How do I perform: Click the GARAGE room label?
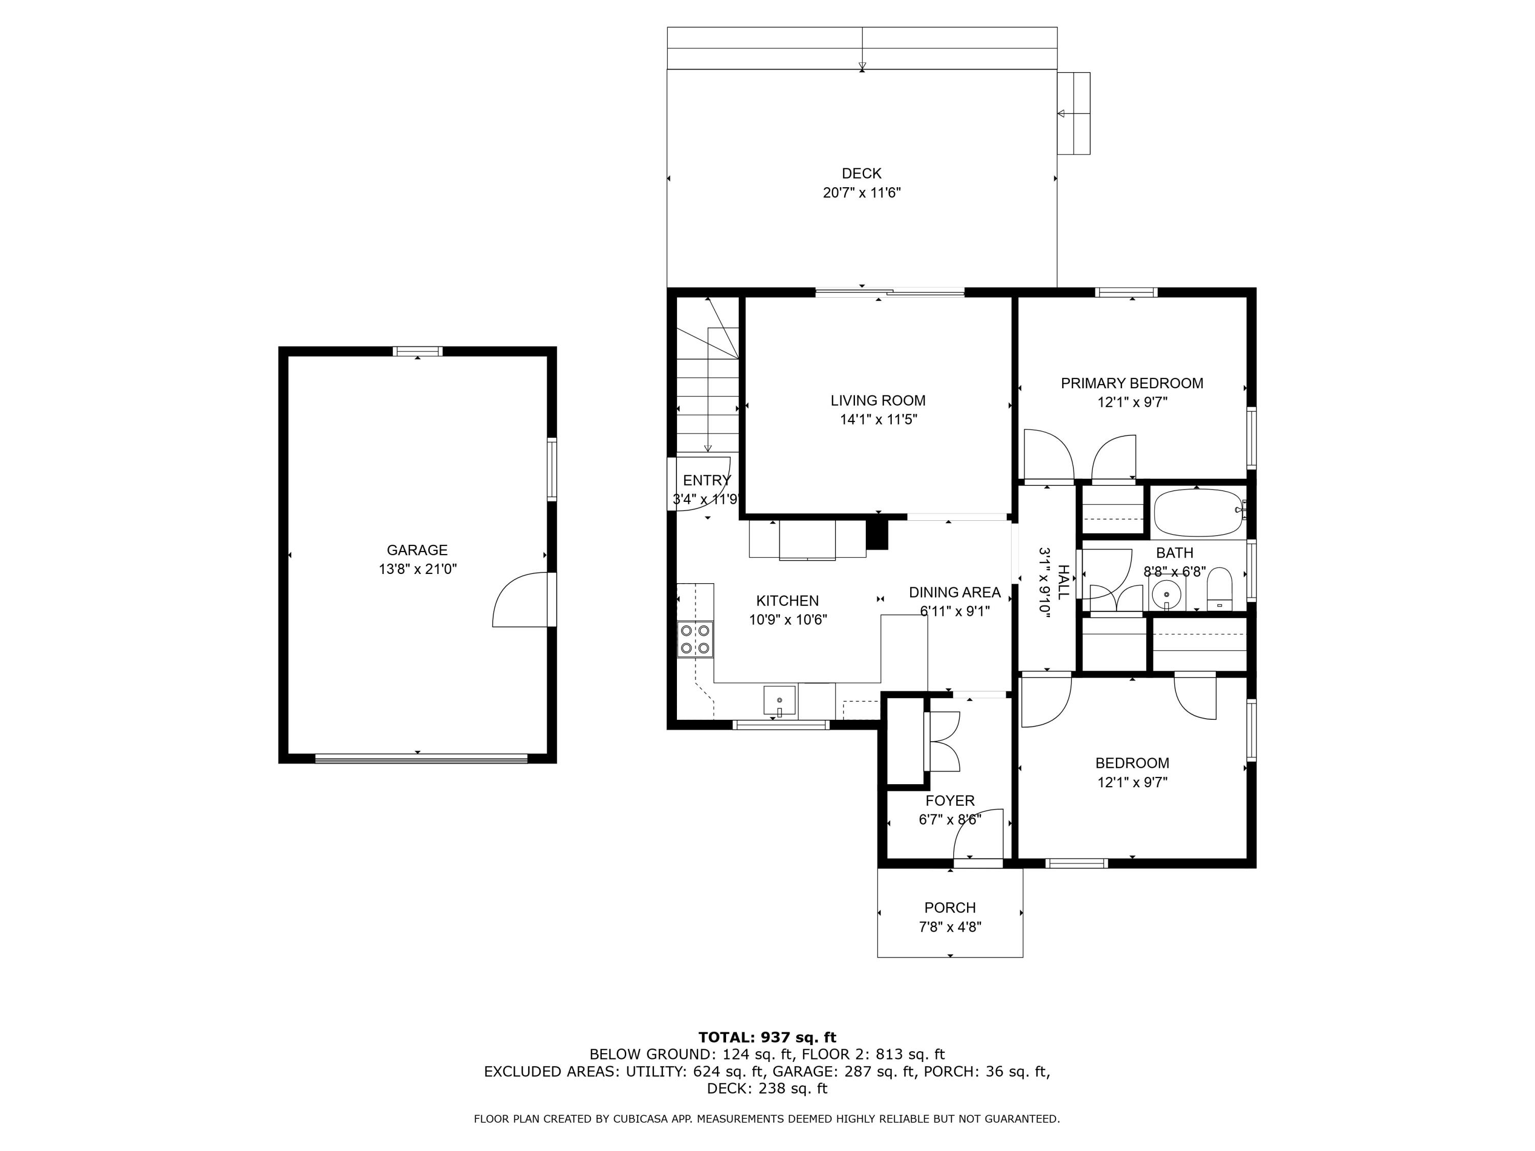417,550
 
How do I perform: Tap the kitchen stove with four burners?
695,639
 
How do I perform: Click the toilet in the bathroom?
1219,588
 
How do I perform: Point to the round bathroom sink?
1167,594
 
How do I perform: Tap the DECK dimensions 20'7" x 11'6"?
861,193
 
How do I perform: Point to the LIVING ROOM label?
878,401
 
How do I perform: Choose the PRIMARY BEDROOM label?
1132,383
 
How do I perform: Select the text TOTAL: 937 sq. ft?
767,1037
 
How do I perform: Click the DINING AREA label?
954,592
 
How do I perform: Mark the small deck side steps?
1073,113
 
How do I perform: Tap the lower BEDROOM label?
1132,763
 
